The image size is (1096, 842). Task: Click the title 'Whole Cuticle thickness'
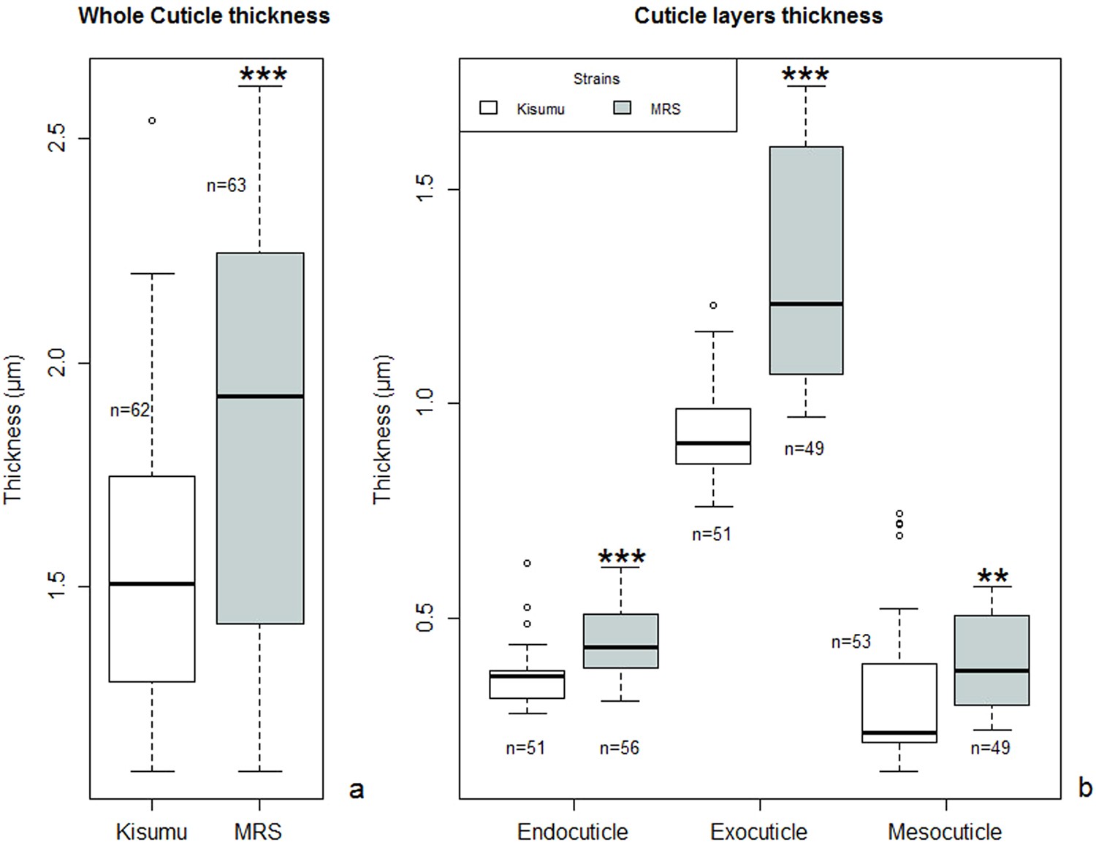pos(204,15)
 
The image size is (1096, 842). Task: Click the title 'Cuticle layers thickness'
pos(758,15)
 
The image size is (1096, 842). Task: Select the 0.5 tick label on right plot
pos(425,618)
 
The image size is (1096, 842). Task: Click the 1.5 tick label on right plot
pos(425,189)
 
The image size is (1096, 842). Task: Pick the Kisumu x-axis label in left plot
pos(151,831)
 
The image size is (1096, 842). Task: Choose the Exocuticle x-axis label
pos(758,831)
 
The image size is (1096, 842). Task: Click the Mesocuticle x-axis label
pos(945,831)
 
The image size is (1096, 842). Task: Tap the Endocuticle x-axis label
pos(572,831)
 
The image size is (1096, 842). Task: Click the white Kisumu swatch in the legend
pos(488,108)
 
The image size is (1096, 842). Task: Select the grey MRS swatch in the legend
pos(622,108)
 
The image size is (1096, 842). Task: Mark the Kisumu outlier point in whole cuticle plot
pos(152,120)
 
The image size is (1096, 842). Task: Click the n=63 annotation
pos(227,185)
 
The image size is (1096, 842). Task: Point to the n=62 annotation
pos(129,410)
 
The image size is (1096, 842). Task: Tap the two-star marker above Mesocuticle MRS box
pos(992,576)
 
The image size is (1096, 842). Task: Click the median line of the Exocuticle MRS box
pos(806,304)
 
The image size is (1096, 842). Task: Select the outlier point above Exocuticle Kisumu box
pos(713,305)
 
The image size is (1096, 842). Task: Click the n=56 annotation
pos(619,748)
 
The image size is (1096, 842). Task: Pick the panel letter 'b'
pos(1085,788)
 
